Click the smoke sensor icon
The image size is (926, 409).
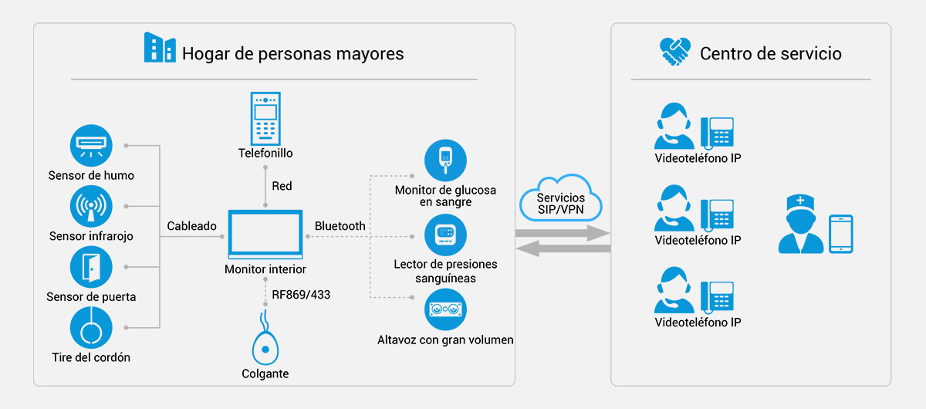[91, 146]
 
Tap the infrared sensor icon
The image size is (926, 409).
[91, 206]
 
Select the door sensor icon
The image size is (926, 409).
[91, 267]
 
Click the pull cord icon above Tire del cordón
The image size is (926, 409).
[91, 327]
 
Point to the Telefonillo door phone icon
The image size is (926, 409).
[265, 118]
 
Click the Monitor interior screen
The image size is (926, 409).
[265, 234]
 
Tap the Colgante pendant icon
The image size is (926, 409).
[265, 339]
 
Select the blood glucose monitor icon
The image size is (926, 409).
[446, 161]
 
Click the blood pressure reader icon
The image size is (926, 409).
[446, 235]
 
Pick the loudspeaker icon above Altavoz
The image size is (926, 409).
[446, 309]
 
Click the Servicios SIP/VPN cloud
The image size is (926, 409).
[560, 198]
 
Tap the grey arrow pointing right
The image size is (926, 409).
[563, 233]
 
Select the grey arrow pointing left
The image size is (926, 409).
[563, 248]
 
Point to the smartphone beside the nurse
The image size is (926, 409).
[841, 234]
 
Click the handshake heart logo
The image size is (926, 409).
[674, 52]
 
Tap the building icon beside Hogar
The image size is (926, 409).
[160, 48]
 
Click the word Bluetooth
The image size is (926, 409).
[340, 226]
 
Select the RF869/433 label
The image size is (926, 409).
[301, 295]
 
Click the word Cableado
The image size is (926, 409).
[192, 226]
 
